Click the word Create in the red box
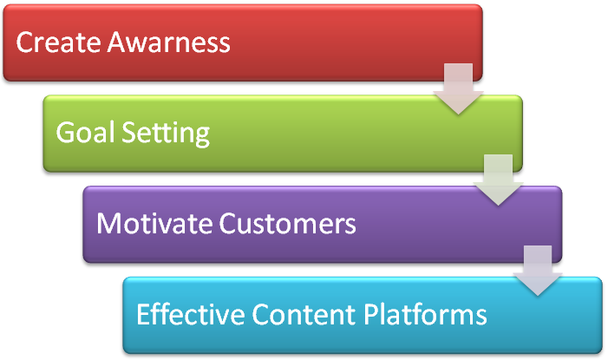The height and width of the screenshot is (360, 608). tap(59, 43)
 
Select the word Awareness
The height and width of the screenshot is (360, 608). tap(168, 43)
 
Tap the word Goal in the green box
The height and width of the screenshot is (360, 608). tap(86, 132)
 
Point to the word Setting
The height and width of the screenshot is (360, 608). tap(166, 134)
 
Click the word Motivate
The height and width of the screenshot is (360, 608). tap(154, 224)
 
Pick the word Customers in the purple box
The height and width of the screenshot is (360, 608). tap(287, 224)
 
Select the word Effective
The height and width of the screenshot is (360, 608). tap(191, 314)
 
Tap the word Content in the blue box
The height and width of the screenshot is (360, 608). tap(304, 314)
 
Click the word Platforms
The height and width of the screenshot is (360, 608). tap(425, 314)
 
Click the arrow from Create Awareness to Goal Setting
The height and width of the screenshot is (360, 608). tap(458, 88)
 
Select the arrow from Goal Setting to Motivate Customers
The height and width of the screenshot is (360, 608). tap(498, 180)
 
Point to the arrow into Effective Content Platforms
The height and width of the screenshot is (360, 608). tap(538, 271)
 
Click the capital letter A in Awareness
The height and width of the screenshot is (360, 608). tap(119, 43)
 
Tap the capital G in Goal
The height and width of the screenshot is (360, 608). tap(66, 133)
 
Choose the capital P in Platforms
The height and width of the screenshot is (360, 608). tap(371, 314)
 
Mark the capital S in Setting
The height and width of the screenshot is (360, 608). tap(129, 133)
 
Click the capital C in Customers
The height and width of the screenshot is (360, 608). tap(227, 224)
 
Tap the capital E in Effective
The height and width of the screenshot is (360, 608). tap(143, 314)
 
